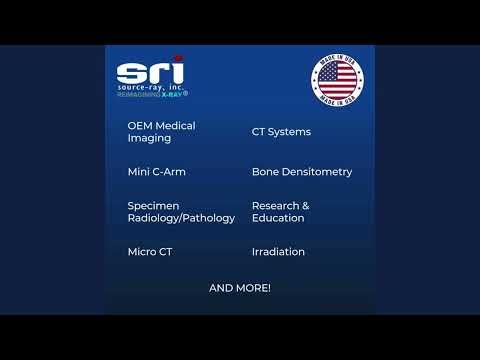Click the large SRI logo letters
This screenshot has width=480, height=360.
tap(150, 73)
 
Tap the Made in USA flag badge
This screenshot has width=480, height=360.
tap(337, 79)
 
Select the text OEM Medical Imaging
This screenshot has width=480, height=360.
tap(161, 132)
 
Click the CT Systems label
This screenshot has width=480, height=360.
tap(281, 132)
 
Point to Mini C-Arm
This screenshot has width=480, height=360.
tap(156, 172)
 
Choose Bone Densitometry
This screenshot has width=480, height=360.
tap(302, 172)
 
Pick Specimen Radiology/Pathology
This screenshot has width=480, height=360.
tap(181, 212)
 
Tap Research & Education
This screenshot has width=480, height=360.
tap(281, 212)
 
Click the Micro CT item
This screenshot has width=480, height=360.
tap(150, 252)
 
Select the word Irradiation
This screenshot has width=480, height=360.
tap(278, 252)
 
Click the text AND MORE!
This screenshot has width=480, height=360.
tap(240, 288)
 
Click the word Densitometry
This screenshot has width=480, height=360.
tap(317, 172)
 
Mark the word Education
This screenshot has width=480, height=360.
tap(278, 218)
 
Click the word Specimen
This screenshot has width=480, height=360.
tap(153, 206)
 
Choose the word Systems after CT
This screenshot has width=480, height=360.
tap(290, 132)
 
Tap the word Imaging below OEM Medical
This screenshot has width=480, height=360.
tap(149, 138)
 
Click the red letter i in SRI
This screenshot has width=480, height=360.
tap(178, 71)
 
